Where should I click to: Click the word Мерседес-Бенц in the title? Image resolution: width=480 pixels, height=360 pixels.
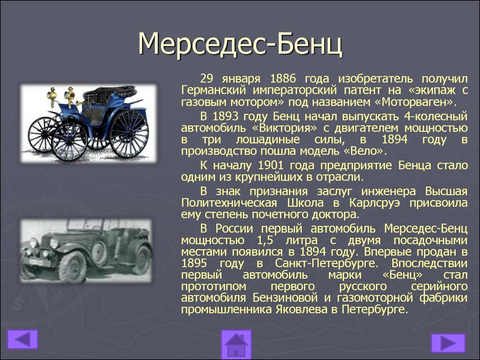point(240,44)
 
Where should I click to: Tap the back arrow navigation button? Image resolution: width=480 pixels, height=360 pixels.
point(22,339)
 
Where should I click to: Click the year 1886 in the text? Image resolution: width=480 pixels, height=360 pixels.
point(283,79)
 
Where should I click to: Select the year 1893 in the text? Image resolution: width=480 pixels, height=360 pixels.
point(225,117)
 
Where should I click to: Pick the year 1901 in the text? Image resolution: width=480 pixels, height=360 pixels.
point(270,165)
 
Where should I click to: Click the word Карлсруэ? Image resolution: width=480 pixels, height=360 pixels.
point(375,203)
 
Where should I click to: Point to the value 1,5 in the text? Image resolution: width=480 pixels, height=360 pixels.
point(265,240)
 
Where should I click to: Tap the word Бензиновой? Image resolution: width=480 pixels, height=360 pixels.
point(285,298)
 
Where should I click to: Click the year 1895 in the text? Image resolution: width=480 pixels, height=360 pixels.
point(194,263)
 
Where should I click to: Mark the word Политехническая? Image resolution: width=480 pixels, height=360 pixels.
point(229,203)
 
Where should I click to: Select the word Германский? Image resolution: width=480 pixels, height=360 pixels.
point(214,90)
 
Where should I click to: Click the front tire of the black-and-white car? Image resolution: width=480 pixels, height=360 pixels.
point(73,266)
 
